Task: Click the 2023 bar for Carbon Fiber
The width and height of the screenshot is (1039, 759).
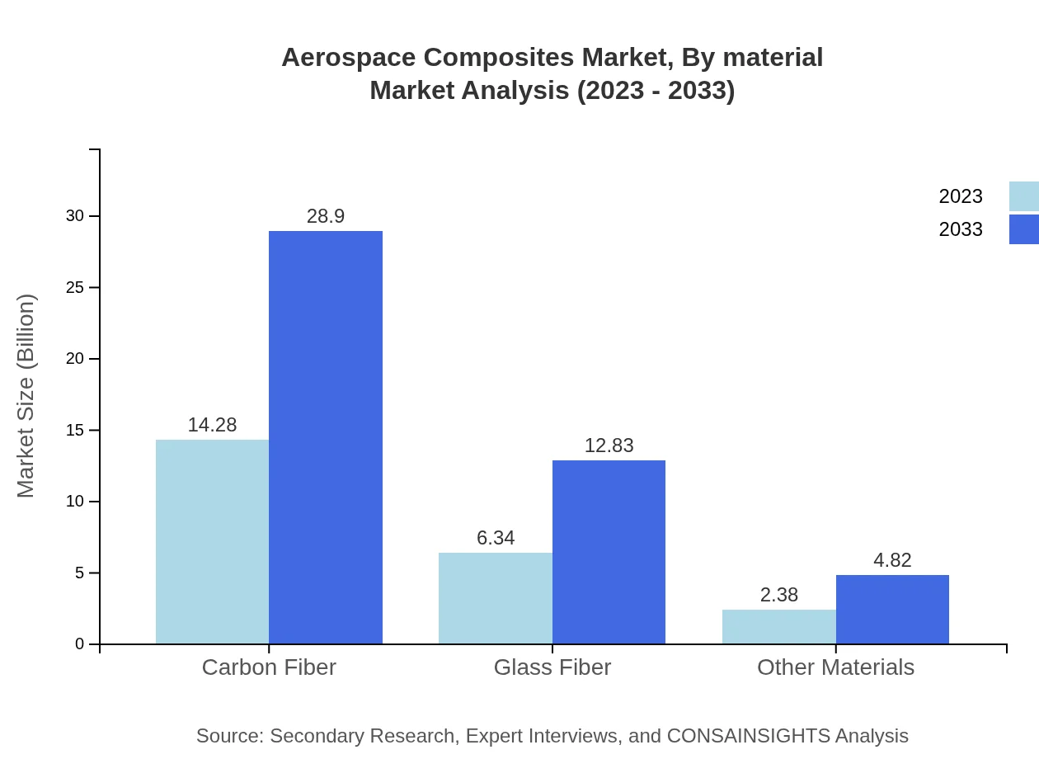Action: pos(212,541)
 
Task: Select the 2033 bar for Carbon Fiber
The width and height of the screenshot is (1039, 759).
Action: pos(326,437)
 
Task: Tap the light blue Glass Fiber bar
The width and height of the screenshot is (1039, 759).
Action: pos(496,598)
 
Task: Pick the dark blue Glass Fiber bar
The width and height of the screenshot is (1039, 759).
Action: pos(609,552)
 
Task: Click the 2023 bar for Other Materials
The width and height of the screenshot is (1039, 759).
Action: pos(779,627)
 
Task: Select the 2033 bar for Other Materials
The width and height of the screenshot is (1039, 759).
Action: pos(892,609)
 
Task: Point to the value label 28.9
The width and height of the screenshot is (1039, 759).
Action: pos(326,216)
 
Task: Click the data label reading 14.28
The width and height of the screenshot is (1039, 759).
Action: pos(212,425)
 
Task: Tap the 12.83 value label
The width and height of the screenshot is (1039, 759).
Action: pos(609,445)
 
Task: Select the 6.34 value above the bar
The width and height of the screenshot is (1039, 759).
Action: pos(496,538)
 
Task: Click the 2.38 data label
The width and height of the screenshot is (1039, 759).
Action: pos(779,595)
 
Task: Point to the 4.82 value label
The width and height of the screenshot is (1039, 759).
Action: pos(892,560)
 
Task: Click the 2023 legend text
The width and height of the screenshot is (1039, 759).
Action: pos(961,196)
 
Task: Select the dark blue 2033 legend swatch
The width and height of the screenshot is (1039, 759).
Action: pos(1024,229)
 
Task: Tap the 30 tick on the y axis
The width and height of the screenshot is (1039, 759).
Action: pos(75,216)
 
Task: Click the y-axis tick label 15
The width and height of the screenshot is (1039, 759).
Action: pos(75,431)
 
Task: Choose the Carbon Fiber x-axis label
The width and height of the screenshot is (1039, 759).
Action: pos(269,667)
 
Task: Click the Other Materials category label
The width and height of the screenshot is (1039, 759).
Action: pos(835,667)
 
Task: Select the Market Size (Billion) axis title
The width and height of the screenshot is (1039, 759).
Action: pos(26,396)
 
